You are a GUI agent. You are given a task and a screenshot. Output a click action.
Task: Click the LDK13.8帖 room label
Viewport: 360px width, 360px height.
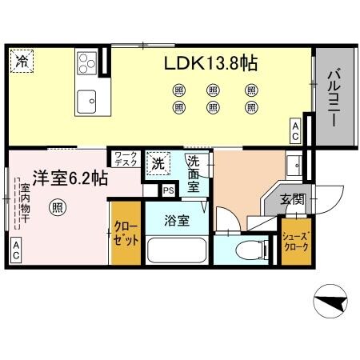click(x=211, y=63)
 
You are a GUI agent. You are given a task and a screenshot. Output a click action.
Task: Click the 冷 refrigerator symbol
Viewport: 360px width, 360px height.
click(x=22, y=61)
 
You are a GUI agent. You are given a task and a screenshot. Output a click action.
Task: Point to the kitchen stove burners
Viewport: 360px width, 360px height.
click(x=87, y=61)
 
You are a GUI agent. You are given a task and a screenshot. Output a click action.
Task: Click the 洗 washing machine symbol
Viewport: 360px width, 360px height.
click(x=158, y=164)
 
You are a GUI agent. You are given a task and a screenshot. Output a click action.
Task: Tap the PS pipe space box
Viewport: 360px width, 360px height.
click(x=168, y=190)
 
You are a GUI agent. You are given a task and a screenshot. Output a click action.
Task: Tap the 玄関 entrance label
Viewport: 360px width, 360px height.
click(x=292, y=199)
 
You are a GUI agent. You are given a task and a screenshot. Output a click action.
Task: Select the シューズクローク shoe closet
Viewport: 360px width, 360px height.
click(x=295, y=242)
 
